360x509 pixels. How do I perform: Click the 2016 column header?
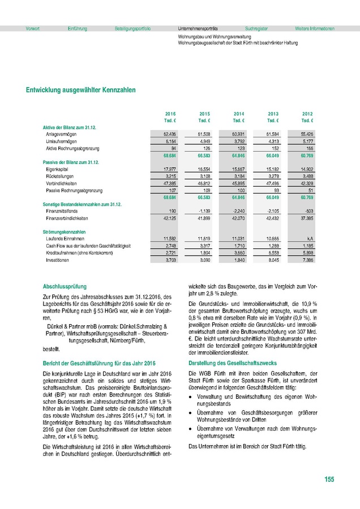click(x=170, y=114)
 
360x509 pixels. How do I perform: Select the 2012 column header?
click(x=307, y=114)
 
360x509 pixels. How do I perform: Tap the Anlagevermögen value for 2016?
click(x=168, y=133)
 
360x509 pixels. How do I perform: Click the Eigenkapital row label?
click(x=57, y=169)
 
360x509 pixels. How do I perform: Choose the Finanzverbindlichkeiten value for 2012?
click(x=306, y=218)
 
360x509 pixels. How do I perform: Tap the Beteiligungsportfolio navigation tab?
click(x=132, y=28)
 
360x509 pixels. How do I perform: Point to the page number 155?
click(x=329, y=480)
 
